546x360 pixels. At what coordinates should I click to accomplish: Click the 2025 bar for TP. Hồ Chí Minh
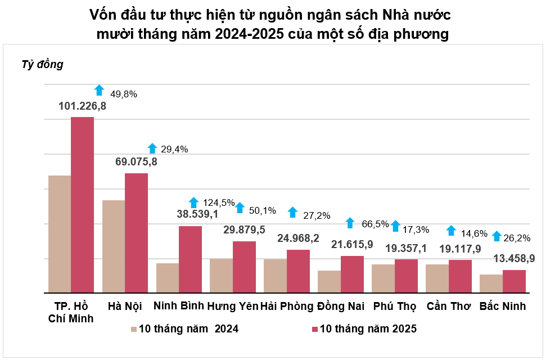(82, 205)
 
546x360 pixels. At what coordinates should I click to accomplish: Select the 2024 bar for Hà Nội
(114, 246)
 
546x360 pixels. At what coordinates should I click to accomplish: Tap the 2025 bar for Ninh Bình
(190, 259)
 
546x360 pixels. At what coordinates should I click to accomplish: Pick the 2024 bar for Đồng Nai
(329, 282)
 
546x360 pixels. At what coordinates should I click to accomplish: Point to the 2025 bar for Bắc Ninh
(514, 281)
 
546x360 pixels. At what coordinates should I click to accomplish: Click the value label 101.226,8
(83, 105)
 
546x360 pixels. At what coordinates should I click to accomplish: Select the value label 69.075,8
(136, 162)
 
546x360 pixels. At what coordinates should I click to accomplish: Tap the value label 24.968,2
(298, 238)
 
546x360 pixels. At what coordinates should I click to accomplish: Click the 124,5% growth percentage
(219, 202)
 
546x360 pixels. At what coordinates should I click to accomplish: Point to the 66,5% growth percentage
(376, 223)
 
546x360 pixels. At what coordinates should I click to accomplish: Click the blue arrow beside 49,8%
(100, 90)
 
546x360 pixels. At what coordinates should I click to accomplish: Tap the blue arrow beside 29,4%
(152, 148)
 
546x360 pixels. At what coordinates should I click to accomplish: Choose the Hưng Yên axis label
(232, 307)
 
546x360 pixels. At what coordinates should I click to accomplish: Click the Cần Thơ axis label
(449, 307)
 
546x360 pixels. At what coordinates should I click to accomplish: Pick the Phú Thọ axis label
(395, 307)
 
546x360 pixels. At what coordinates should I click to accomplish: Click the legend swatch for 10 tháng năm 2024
(134, 329)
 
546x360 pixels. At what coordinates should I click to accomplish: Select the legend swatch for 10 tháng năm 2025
(314, 329)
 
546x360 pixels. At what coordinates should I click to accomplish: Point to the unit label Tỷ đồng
(43, 65)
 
